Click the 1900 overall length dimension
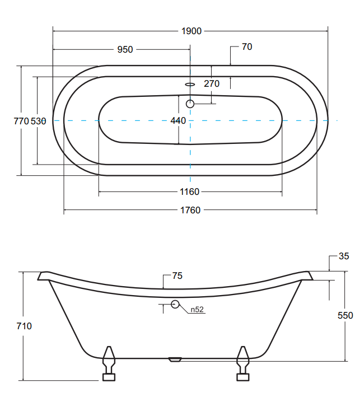191,31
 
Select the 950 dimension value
125,49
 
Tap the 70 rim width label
247,46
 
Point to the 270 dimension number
212,83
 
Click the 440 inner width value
178,120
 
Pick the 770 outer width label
21,121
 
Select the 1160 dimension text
189,192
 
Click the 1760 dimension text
190,210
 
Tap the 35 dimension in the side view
344,256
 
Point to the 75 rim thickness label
177,275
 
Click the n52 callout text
197,310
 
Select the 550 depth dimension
345,315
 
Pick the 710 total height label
24,326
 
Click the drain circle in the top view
190,104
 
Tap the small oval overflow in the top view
190,85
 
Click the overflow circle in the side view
175,304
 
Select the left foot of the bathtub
109,363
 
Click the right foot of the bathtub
243,363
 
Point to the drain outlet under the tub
175,359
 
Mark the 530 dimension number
39,121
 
